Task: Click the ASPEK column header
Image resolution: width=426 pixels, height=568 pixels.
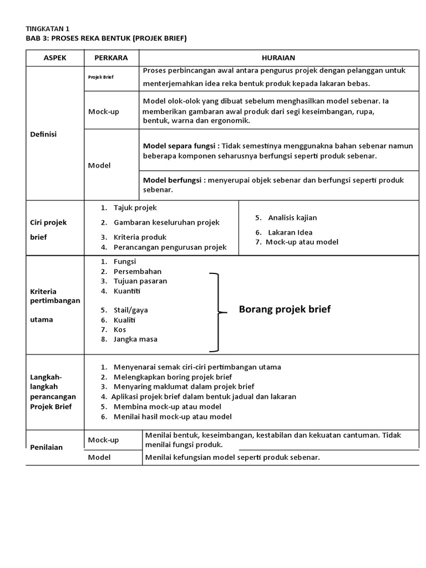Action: [x=55, y=58]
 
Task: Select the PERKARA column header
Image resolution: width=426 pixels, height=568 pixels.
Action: [x=111, y=58]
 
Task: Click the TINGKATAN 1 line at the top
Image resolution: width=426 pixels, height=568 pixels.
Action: [x=48, y=28]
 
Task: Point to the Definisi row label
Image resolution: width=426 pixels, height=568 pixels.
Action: [x=44, y=134]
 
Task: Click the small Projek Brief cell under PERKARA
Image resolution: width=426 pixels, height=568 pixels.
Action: [x=100, y=77]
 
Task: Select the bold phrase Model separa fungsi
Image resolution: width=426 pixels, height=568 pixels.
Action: [x=180, y=146]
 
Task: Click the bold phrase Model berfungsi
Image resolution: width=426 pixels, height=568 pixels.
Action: [x=174, y=180]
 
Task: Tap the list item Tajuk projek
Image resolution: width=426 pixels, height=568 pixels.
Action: [x=135, y=207]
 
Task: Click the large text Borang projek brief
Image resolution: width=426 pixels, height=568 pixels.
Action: [x=285, y=310]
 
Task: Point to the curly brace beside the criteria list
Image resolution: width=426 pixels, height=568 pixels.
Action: [x=219, y=312]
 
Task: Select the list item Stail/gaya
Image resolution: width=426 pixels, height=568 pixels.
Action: [x=130, y=310]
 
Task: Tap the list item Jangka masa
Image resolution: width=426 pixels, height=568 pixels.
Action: [x=135, y=339]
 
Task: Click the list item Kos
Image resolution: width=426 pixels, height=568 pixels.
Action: [x=120, y=329]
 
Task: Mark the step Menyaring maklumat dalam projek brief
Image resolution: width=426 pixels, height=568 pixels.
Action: [x=184, y=387]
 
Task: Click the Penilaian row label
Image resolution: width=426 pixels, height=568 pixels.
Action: [x=46, y=447]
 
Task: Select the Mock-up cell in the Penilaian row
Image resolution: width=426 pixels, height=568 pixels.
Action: [x=104, y=440]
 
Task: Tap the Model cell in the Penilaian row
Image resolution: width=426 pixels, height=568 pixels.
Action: [x=99, y=458]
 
